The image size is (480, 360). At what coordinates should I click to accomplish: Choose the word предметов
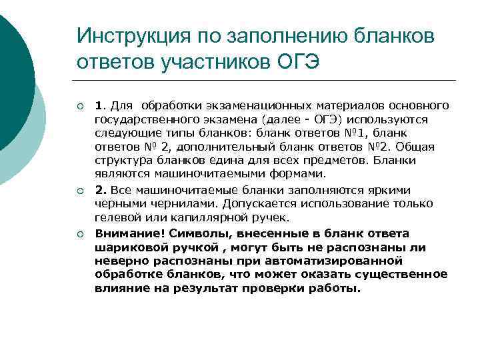[x=319, y=161]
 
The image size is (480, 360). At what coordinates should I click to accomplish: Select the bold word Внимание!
[x=129, y=233]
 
